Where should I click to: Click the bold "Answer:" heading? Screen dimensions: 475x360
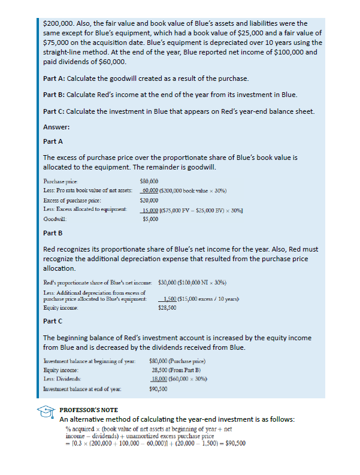56,127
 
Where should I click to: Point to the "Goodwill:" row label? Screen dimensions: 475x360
56,219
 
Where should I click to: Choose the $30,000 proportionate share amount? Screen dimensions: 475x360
168,281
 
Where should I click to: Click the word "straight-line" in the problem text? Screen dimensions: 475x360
63,52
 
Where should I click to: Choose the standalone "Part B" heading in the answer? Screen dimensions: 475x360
53,234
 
